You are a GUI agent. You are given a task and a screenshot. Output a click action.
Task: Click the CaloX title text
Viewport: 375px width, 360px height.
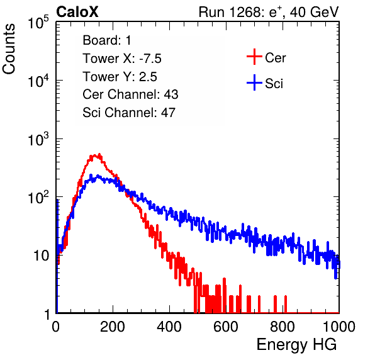tap(77, 12)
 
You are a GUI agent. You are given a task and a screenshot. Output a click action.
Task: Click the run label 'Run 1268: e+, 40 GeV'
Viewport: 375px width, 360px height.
tap(269, 12)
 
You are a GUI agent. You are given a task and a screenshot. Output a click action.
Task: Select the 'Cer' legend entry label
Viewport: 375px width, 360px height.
tap(275, 58)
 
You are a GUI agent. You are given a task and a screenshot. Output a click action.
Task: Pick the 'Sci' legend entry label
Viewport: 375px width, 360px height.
tap(274, 84)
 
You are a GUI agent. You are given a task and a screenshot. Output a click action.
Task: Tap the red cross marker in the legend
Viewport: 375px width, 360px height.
tap(254, 57)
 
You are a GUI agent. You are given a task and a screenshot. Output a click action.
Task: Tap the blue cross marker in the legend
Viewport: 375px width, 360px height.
tap(254, 83)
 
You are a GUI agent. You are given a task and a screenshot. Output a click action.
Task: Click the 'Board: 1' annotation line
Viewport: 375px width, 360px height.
tap(107, 40)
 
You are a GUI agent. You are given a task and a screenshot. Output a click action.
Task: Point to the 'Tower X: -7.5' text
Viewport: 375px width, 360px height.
tap(122, 59)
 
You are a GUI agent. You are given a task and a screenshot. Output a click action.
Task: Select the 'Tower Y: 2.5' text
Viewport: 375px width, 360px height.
tap(120, 77)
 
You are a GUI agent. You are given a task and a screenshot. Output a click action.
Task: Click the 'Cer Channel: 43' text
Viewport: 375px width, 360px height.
tap(130, 94)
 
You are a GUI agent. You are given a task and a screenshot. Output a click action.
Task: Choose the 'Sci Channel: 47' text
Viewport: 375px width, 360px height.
tap(129, 113)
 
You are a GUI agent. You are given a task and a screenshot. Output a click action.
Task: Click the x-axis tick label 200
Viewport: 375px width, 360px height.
tap(113, 327)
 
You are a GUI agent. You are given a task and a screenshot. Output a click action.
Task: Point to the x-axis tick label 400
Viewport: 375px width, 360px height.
tap(169, 327)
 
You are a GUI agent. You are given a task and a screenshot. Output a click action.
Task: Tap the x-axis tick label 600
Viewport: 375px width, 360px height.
tap(226, 327)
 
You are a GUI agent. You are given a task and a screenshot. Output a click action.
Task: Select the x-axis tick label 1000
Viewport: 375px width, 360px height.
tap(339, 327)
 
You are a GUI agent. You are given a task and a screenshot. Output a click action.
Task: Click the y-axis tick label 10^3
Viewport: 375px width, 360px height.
tap(39, 140)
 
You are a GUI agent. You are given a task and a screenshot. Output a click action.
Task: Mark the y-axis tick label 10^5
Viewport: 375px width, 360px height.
tap(39, 23)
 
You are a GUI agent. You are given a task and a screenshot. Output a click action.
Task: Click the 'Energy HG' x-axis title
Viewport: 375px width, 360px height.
tap(296, 345)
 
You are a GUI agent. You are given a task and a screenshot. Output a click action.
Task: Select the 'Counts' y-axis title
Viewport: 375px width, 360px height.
tap(9, 49)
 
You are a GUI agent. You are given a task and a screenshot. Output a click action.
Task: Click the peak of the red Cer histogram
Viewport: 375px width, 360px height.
tap(99, 154)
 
